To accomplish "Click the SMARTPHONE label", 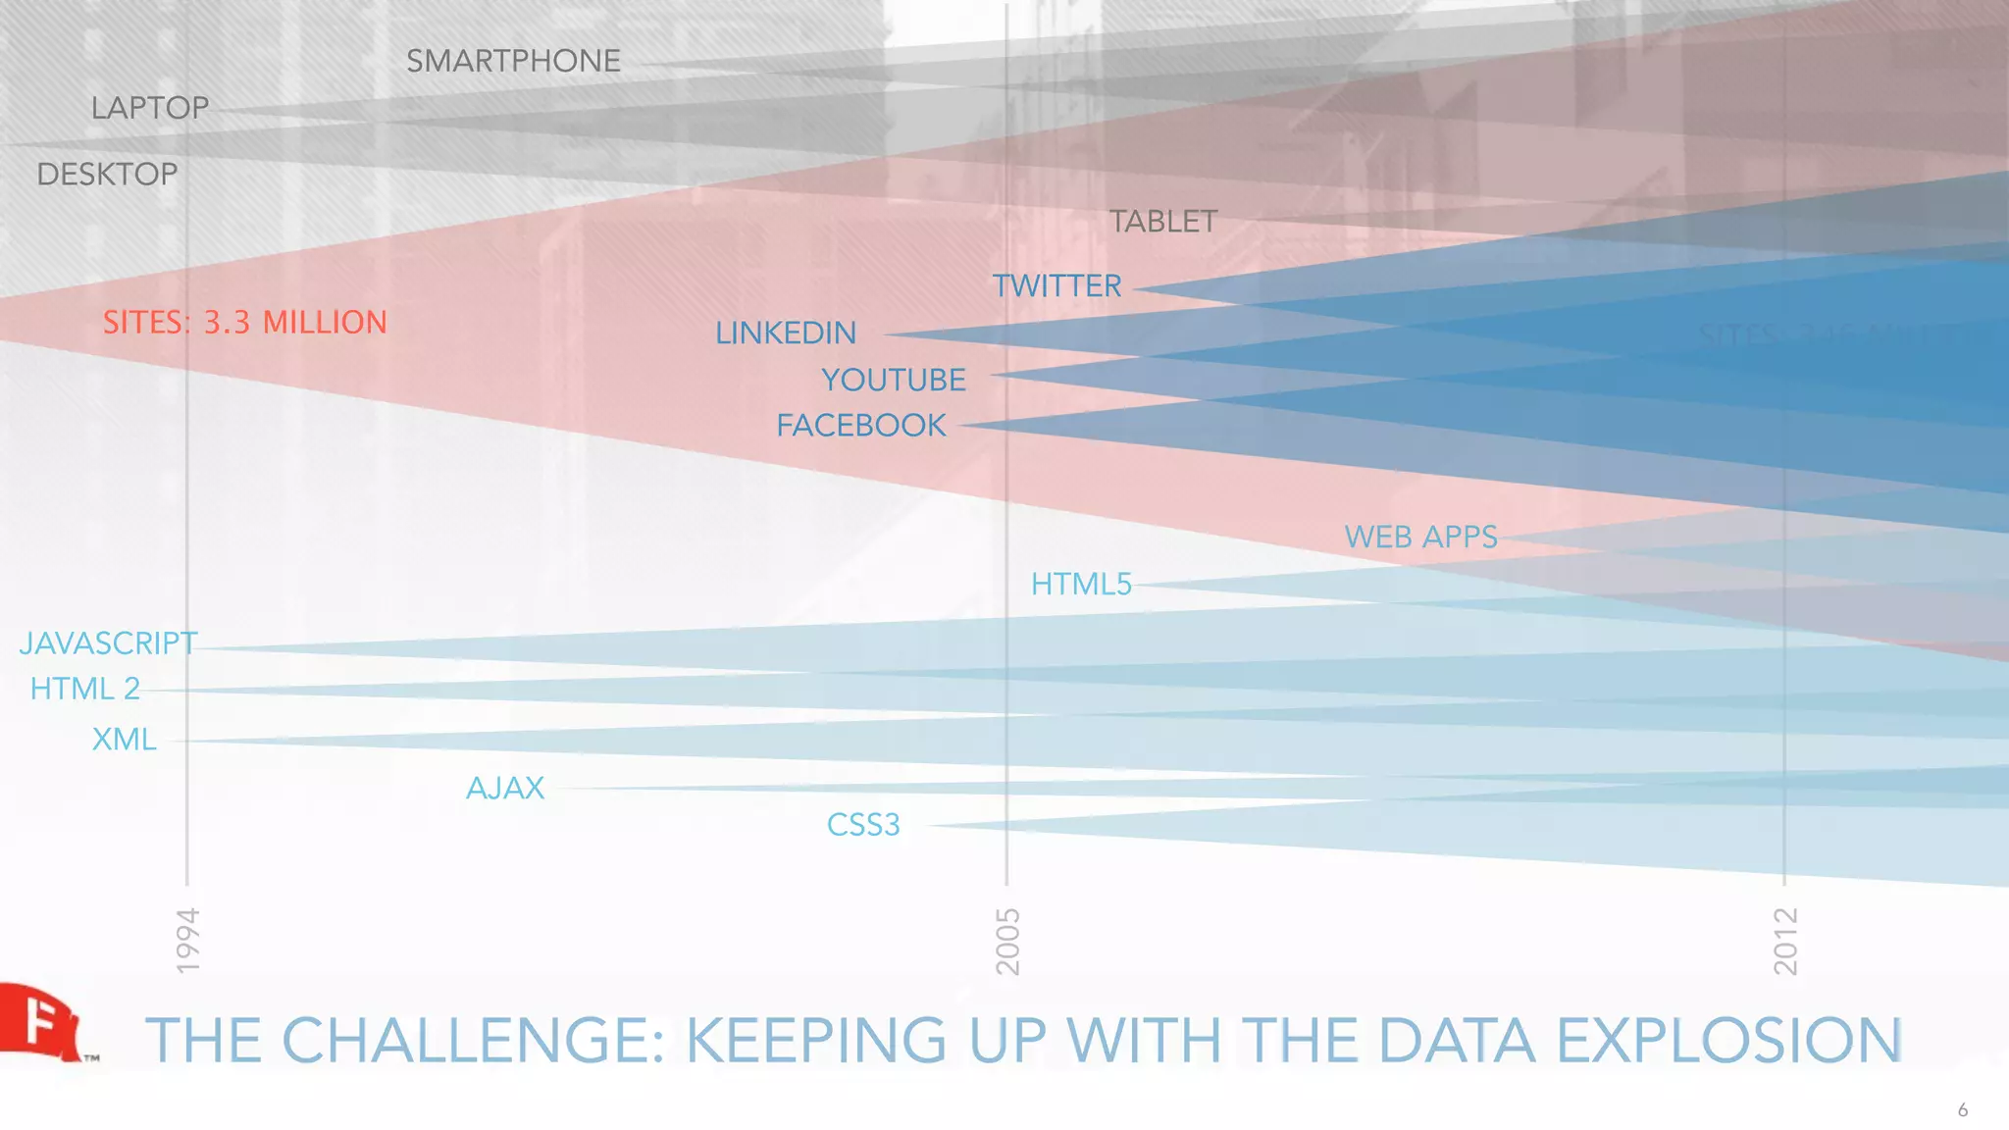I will click(x=513, y=61).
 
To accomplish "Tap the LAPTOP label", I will click(x=150, y=108).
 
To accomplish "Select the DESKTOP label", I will click(x=107, y=175).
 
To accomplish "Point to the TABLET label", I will click(x=1162, y=222).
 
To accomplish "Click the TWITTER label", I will click(x=1056, y=286).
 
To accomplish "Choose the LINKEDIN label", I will click(x=786, y=334).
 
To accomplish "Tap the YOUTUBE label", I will click(x=893, y=380).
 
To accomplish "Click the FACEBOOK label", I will click(x=861, y=426).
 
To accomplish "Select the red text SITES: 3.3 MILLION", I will click(x=245, y=323).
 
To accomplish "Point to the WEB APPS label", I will click(x=1420, y=538).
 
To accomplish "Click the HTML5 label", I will click(x=1081, y=585).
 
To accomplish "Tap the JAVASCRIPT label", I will click(x=108, y=643).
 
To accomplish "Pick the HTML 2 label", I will click(x=85, y=690).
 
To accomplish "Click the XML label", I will click(x=125, y=739).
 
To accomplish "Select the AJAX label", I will click(x=505, y=789).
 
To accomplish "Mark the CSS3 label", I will click(x=863, y=825).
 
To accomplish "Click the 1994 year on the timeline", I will click(x=187, y=941).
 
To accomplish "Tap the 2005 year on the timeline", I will click(x=1007, y=941).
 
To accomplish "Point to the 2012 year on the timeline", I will click(x=1785, y=941).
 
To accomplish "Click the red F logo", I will click(x=39, y=1022).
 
